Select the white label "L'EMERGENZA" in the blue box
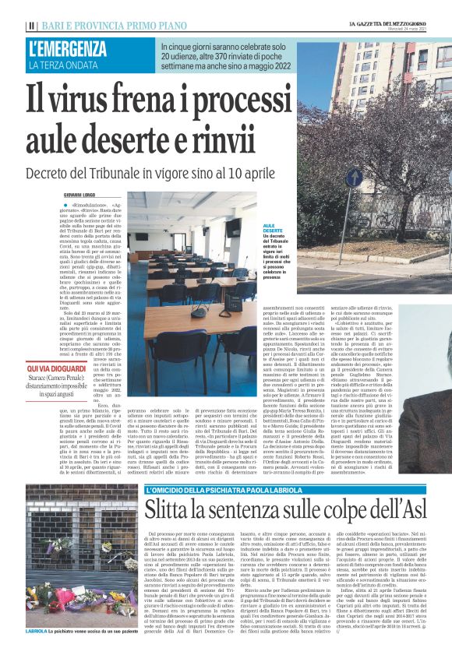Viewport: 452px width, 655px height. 68,49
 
